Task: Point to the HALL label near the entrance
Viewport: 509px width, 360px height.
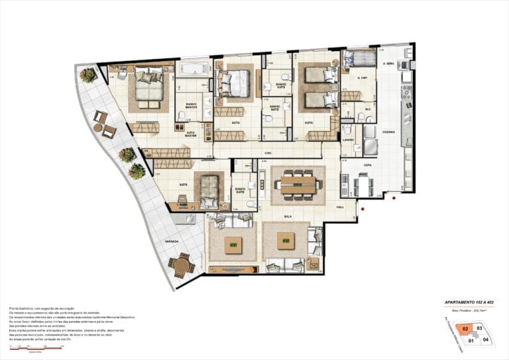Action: (340, 208)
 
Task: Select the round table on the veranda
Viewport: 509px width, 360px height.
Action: (180, 265)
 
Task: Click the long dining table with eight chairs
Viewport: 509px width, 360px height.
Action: (298, 184)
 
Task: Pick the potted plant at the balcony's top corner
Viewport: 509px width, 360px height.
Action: (87, 75)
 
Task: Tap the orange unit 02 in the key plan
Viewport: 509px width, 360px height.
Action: (466, 328)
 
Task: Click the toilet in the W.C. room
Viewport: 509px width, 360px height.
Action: (361, 117)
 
